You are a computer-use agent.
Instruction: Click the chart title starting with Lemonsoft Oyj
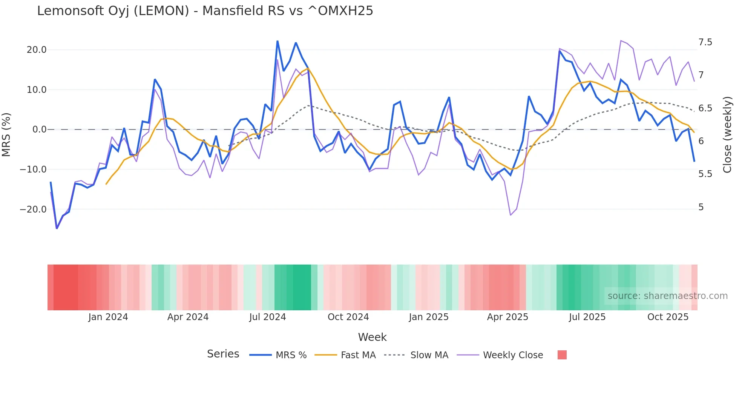click(x=205, y=11)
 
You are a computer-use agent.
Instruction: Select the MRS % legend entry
click(x=291, y=355)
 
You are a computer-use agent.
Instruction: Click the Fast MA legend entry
click(x=358, y=355)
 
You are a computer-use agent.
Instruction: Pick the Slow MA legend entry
click(x=429, y=355)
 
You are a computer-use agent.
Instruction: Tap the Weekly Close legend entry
click(x=513, y=355)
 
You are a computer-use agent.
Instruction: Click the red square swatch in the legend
click(x=562, y=355)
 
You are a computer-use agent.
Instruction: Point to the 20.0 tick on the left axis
click(x=37, y=50)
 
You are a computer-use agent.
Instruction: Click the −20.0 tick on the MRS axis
click(x=33, y=210)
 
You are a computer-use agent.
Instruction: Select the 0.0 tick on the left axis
click(x=39, y=129)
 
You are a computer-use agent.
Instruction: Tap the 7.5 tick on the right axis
click(x=705, y=42)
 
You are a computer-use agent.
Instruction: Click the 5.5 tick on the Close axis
click(x=705, y=174)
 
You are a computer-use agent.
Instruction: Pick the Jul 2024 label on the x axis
click(x=267, y=317)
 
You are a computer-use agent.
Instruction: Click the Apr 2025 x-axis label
click(x=507, y=317)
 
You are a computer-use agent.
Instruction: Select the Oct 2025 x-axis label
click(x=668, y=317)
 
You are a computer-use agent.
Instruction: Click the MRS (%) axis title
click(x=6, y=134)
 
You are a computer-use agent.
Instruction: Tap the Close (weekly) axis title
click(x=727, y=134)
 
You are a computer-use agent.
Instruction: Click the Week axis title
click(x=372, y=337)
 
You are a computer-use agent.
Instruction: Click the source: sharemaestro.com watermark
click(x=667, y=296)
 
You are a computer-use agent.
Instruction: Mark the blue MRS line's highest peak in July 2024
click(x=278, y=41)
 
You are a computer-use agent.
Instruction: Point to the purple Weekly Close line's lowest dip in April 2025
click(x=511, y=215)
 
